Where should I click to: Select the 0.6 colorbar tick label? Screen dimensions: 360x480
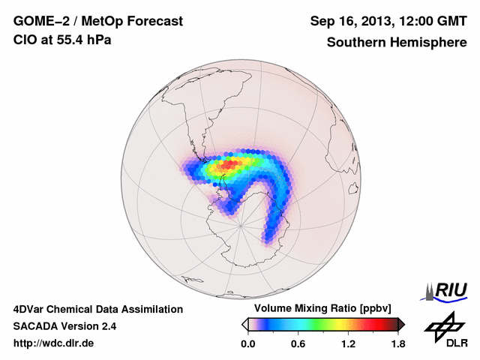pyautogui.click(x=298, y=344)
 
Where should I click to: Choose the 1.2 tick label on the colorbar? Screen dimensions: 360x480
pyautogui.click(x=348, y=344)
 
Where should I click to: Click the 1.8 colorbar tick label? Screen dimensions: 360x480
pyautogui.click(x=397, y=344)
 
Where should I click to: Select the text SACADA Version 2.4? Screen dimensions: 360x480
pyautogui.click(x=64, y=326)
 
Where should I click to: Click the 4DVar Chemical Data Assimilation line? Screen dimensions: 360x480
pyautogui.click(x=97, y=309)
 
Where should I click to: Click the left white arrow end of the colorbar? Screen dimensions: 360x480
pyautogui.click(x=244, y=324)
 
